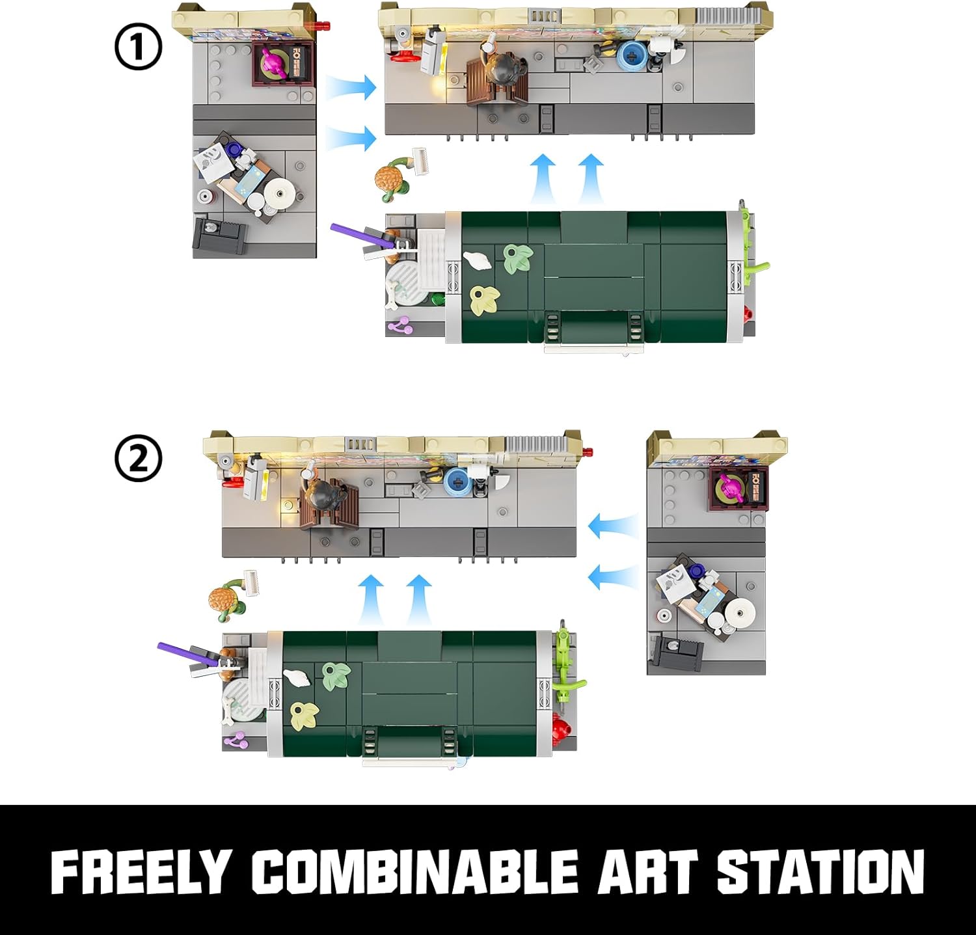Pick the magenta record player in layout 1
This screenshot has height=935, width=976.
(274, 63)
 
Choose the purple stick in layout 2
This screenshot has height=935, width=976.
(191, 654)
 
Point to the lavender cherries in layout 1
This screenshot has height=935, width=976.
(400, 325)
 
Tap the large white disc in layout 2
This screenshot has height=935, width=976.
(738, 612)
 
